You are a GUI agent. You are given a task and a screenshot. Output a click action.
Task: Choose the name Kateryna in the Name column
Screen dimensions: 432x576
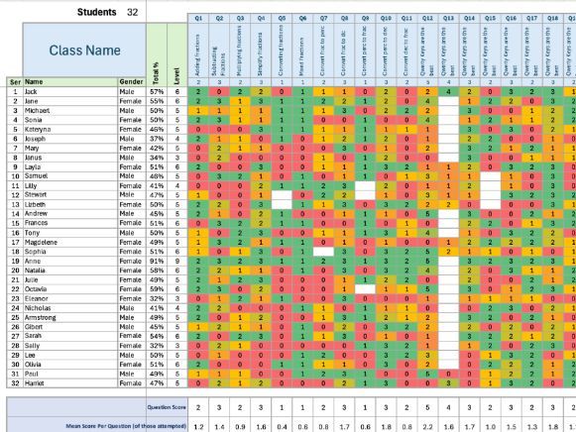pyautogui.click(x=44, y=129)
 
